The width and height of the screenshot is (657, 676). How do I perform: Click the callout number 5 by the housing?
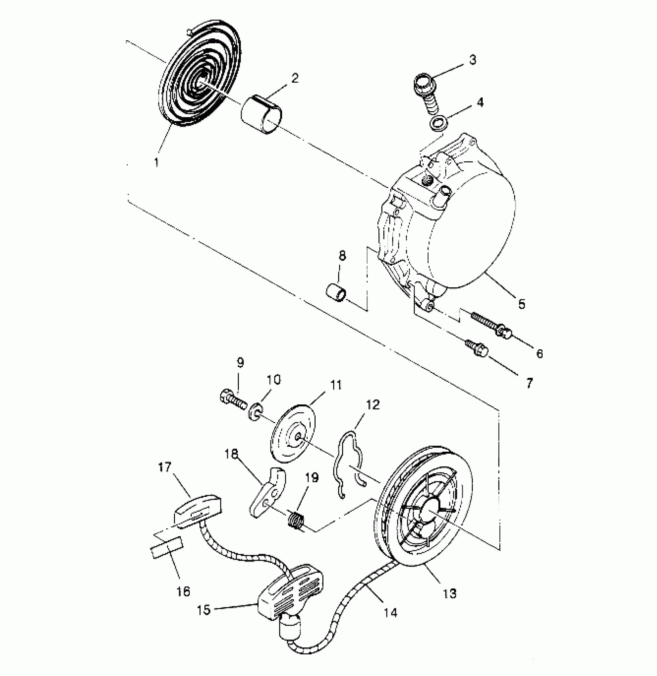(x=521, y=304)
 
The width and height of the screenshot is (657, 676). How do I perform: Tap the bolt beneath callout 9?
(x=233, y=399)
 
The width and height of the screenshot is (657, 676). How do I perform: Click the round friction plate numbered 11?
(x=293, y=432)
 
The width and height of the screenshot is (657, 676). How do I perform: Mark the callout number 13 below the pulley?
(x=450, y=593)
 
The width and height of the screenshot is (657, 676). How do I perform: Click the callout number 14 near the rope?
(x=391, y=623)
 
